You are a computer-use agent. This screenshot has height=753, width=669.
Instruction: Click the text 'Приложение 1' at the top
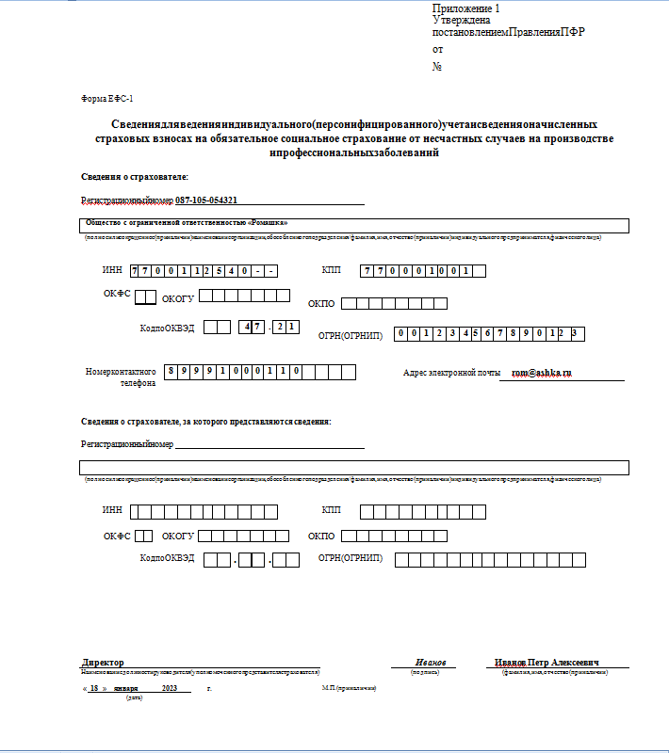point(466,8)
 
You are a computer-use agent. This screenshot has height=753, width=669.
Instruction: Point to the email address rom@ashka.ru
point(541,373)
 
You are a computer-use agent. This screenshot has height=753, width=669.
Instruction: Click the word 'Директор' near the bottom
point(103,663)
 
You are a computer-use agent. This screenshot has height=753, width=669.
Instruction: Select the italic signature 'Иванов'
point(431,663)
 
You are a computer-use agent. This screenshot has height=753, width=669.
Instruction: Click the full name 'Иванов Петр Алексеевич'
point(547,663)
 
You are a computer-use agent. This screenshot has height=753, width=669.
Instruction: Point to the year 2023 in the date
point(170,689)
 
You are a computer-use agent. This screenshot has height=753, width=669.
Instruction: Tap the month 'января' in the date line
point(125,689)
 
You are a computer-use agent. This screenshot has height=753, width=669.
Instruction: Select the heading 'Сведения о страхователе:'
point(135,177)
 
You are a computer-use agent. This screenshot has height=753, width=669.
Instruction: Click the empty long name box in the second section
point(353,468)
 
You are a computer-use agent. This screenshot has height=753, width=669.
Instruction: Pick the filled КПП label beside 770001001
point(332,271)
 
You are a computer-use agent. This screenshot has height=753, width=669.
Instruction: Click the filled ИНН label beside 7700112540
point(112,271)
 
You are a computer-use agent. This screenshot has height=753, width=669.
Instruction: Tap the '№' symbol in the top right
point(437,66)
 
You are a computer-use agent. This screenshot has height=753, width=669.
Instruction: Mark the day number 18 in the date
point(94,689)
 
